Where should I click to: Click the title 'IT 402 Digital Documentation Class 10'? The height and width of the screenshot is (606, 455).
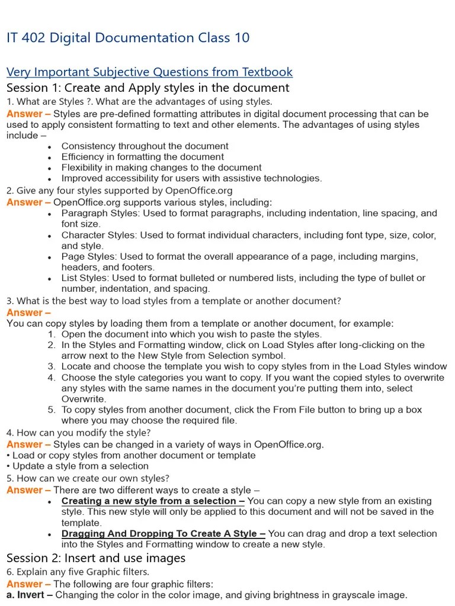click(128, 38)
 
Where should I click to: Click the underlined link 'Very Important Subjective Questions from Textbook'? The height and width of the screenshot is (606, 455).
click(149, 72)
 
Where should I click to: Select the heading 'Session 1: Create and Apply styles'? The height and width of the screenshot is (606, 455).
click(148, 88)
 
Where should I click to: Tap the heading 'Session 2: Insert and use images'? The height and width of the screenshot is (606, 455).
click(96, 557)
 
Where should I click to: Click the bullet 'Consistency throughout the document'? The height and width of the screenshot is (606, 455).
click(145, 146)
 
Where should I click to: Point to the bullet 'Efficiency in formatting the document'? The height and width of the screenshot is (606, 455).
click(142, 157)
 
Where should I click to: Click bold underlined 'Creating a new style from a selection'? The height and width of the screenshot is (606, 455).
click(153, 501)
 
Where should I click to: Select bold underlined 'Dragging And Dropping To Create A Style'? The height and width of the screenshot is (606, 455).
click(163, 533)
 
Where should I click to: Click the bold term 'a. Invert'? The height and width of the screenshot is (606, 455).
click(26, 595)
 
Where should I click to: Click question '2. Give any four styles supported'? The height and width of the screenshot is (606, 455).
click(120, 191)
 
